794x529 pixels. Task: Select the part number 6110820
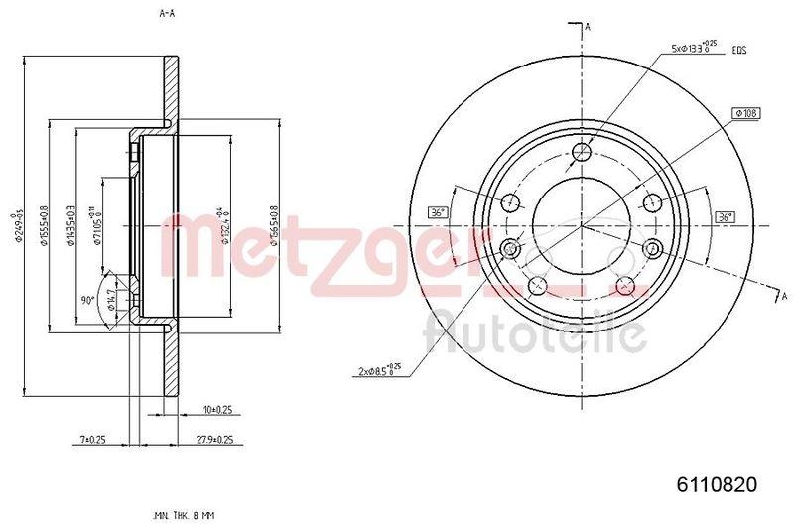point(718,485)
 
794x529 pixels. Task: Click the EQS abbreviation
point(738,49)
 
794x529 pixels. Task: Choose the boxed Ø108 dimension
point(745,114)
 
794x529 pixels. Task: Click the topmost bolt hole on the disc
point(583,152)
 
